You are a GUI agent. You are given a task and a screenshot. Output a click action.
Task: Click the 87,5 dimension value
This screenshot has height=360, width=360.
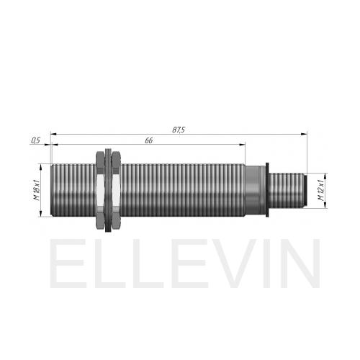click(179, 130)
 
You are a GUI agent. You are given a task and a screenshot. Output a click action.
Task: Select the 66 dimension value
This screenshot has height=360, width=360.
click(149, 140)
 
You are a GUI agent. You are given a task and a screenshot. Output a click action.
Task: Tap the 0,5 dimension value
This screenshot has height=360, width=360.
click(35, 140)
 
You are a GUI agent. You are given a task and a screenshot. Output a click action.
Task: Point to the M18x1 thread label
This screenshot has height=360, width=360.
click(37, 190)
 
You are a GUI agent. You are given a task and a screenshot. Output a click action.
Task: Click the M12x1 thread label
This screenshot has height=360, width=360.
click(321, 190)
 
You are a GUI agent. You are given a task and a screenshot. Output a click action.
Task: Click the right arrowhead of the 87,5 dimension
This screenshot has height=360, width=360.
click(304, 134)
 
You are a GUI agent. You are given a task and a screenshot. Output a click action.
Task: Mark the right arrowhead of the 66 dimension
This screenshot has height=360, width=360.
click(242, 145)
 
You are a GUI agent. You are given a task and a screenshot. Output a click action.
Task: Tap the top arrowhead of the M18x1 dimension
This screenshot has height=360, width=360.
click(41, 167)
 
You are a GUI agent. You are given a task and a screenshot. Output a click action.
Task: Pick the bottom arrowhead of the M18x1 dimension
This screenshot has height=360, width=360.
click(41, 213)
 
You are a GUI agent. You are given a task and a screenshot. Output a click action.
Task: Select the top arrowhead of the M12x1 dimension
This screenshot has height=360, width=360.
click(325, 176)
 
